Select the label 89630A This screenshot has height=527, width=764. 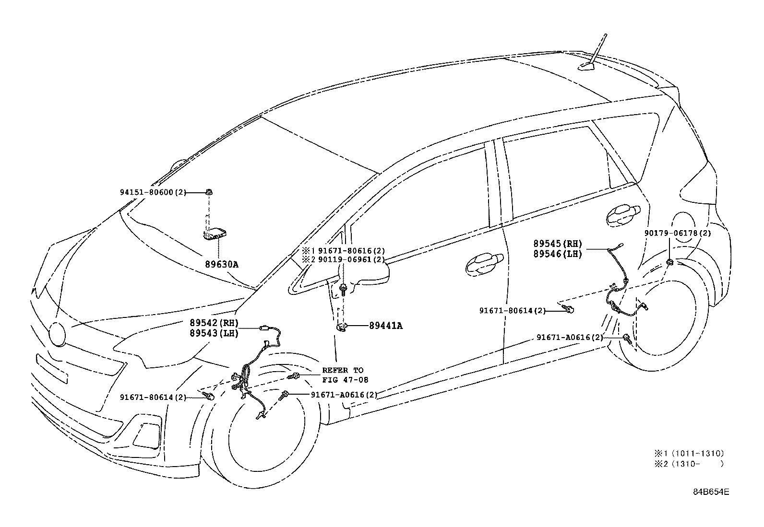[x=222, y=264]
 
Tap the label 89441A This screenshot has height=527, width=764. [x=386, y=326]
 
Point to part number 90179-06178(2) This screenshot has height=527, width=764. [x=678, y=233]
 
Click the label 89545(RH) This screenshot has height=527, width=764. [x=557, y=244]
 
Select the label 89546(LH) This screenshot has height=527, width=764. [x=557, y=254]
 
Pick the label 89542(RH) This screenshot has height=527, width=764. [x=214, y=323]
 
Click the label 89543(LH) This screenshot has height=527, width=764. [x=214, y=333]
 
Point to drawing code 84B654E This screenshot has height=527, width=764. [x=711, y=492]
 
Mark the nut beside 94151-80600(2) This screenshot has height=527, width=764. [x=209, y=192]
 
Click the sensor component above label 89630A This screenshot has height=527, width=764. [x=215, y=234]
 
